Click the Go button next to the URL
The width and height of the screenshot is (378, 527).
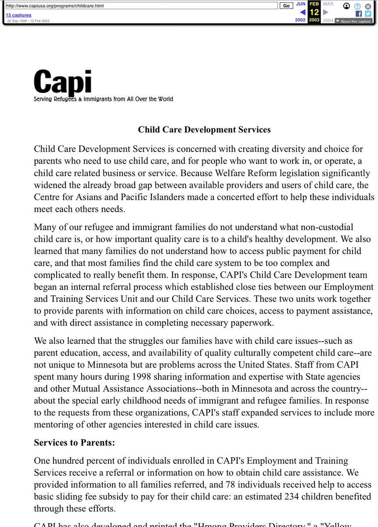coord(286,6)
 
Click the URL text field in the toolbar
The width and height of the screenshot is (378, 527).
coord(140,6)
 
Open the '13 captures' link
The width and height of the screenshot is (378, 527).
coord(18,15)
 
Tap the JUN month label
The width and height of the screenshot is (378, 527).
coord(301,4)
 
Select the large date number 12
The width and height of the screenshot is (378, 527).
coord(314,12)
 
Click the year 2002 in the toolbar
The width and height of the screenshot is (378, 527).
coord(300,20)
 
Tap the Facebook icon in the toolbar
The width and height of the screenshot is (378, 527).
coord(359,14)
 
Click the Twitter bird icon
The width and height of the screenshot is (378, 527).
coord(368,14)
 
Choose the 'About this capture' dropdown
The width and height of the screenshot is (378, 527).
coord(353,21)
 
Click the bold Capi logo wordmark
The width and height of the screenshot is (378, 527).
coord(62,82)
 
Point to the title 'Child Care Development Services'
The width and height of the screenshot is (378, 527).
coord(204,130)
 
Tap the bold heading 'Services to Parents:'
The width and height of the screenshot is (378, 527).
coord(75,443)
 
